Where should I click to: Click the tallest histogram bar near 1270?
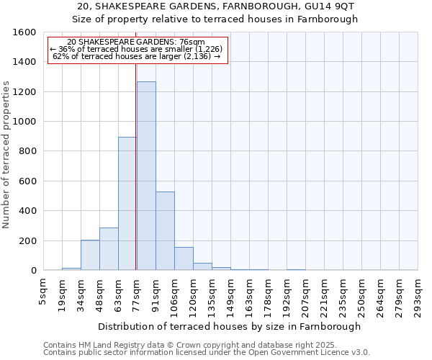pyautogui.click(x=146, y=176)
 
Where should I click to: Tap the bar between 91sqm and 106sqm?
pyautogui.click(x=165, y=231)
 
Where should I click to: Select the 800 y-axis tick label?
pyautogui.click(x=28, y=151)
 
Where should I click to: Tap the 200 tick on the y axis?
pyautogui.click(x=28, y=240)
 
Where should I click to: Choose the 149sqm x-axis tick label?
pyautogui.click(x=230, y=294)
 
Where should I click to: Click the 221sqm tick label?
pyautogui.click(x=324, y=294)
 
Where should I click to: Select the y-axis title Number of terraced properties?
pyautogui.click(x=7, y=155)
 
